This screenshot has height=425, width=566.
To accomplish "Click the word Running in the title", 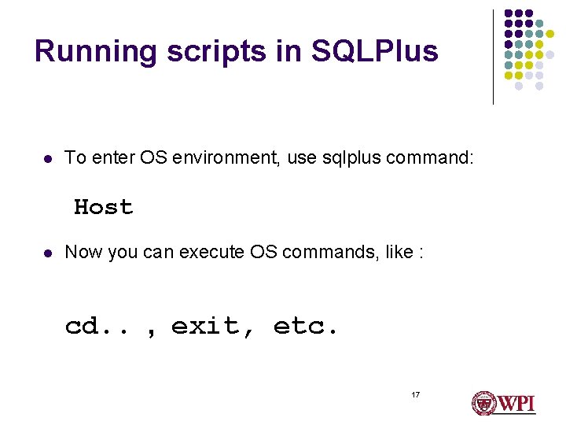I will point(85,52).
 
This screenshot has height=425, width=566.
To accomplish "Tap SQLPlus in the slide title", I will point(374,52).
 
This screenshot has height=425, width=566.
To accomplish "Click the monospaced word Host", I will point(103,208).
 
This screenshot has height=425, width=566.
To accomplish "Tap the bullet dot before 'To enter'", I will point(47,159).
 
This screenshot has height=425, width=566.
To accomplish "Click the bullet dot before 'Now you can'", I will point(47,253).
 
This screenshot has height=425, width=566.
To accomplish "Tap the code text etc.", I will point(306,326).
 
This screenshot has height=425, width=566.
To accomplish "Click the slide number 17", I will point(415,394).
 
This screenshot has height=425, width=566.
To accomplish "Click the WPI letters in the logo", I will point(516,404).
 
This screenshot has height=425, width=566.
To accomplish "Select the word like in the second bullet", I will point(384,253).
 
